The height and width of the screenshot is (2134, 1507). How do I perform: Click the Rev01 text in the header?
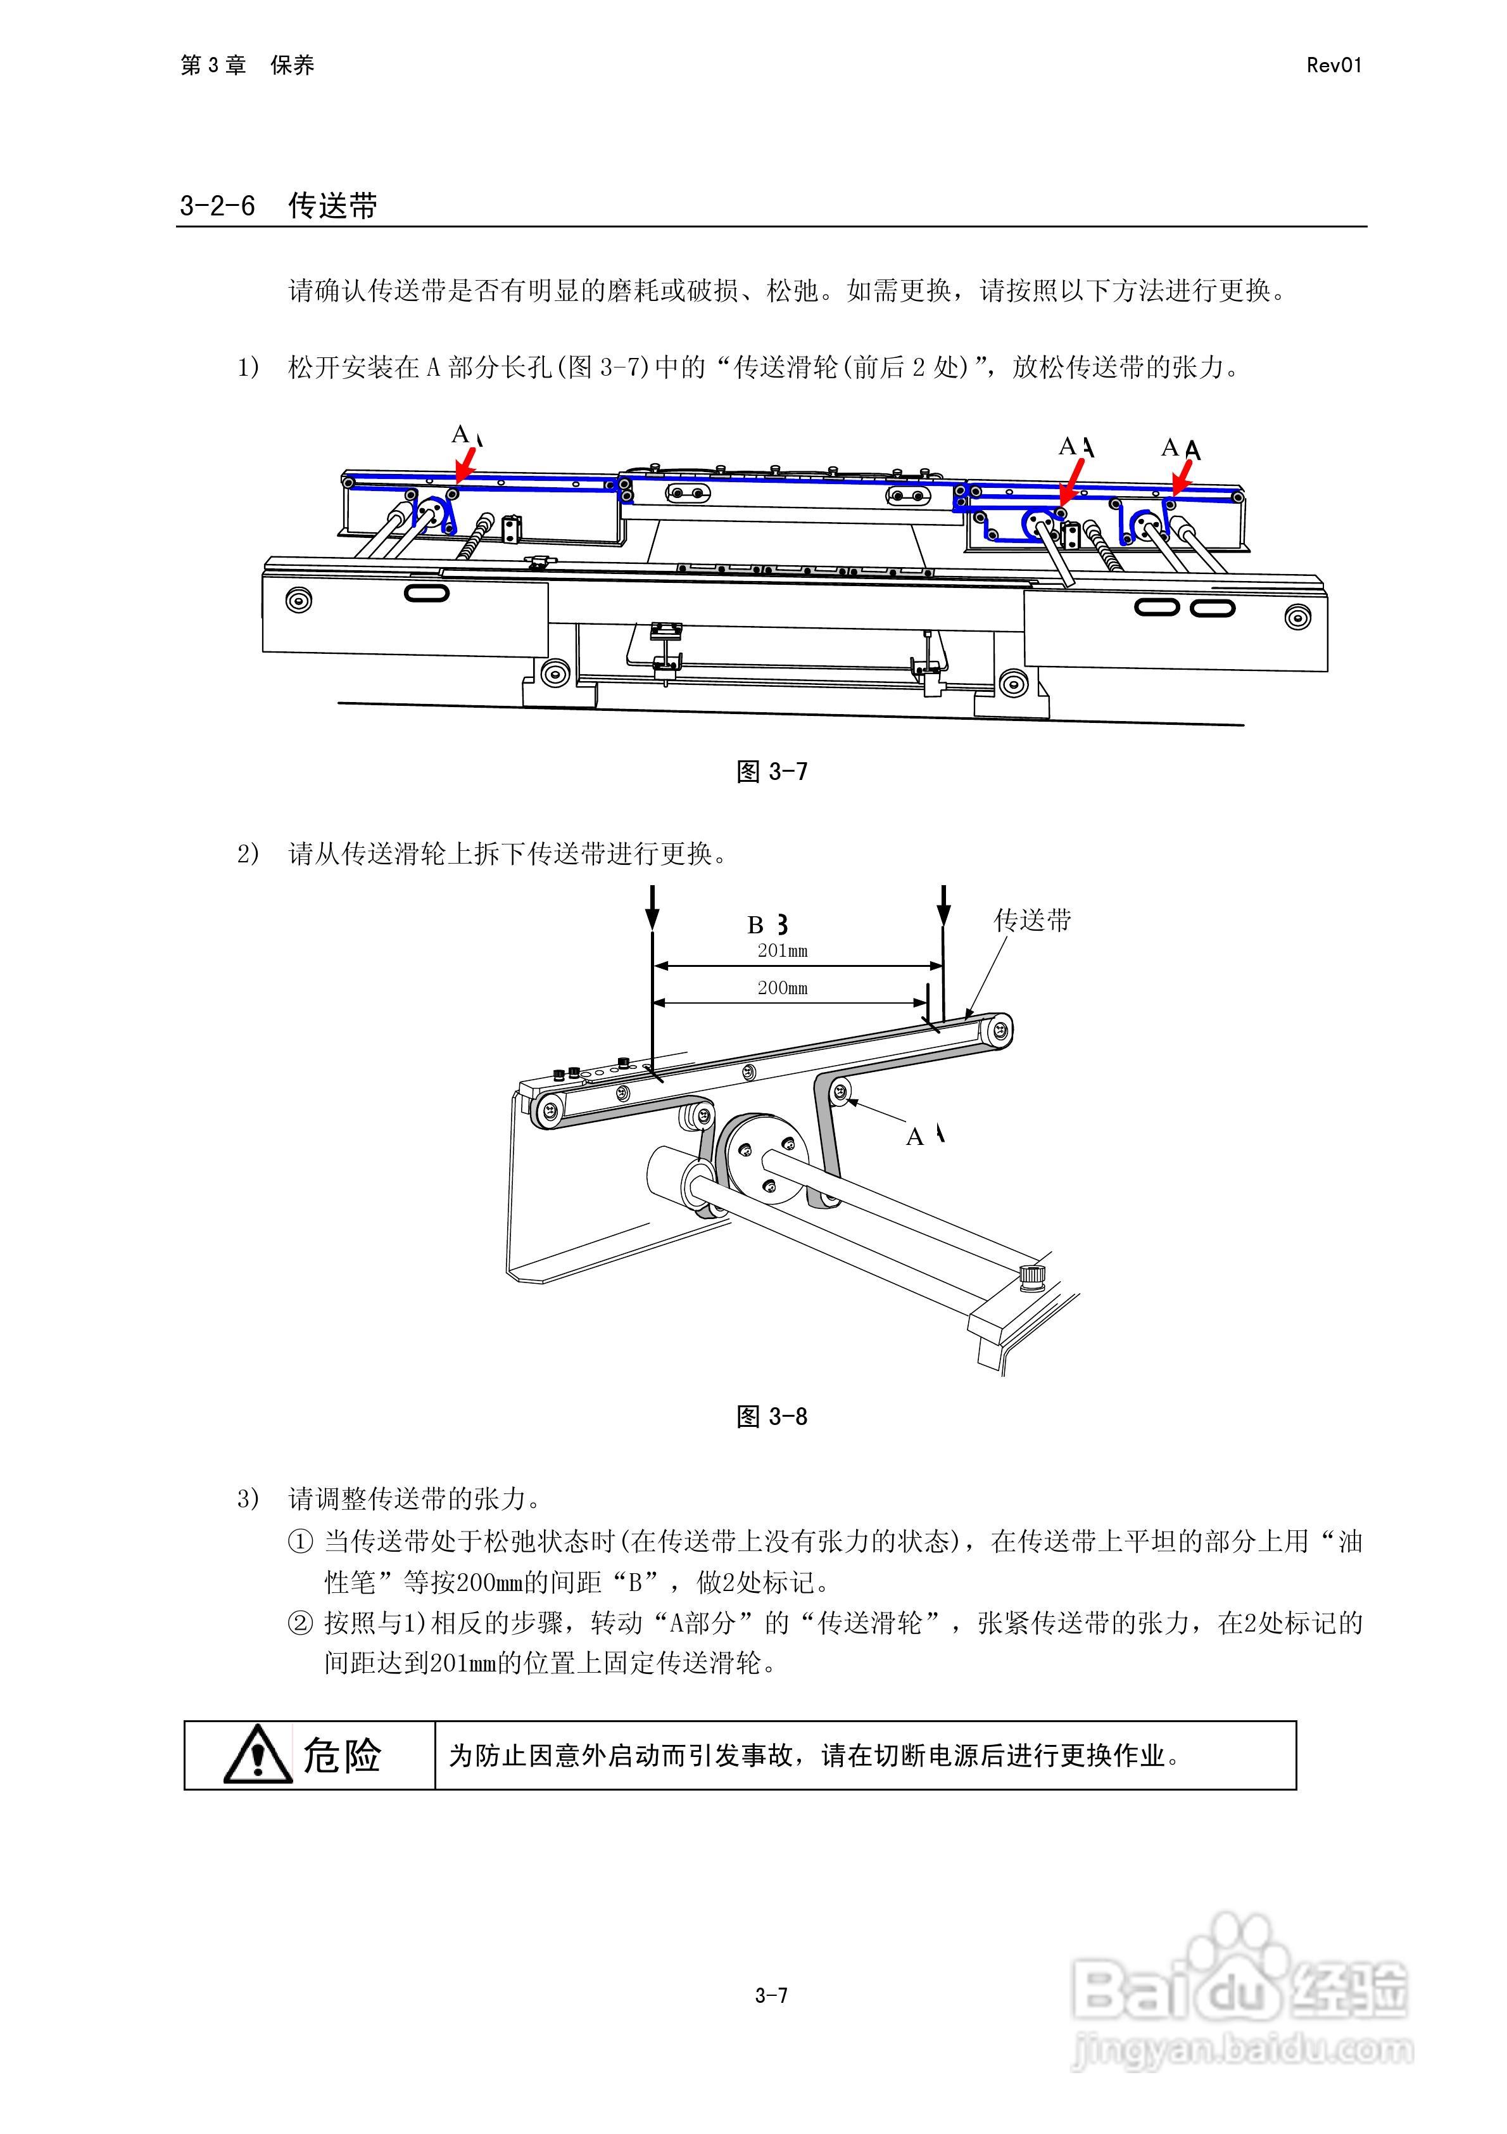(x=1334, y=65)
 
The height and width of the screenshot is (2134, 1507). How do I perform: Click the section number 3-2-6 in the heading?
(x=217, y=205)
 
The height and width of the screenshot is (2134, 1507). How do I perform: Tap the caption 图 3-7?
(x=771, y=772)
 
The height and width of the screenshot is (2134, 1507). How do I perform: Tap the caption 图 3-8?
(x=771, y=1417)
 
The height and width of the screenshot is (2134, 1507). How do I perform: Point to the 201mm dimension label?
(x=782, y=951)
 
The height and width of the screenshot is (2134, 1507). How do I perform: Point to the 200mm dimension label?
(x=782, y=988)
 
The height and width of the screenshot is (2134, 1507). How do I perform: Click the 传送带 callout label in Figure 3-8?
(x=1032, y=920)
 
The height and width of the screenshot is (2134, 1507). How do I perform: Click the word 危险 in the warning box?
(x=342, y=1756)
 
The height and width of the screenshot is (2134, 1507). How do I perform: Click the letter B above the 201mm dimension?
(x=756, y=925)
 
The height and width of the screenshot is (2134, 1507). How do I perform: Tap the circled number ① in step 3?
(x=300, y=1542)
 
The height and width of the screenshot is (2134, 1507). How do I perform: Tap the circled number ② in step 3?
(x=300, y=1624)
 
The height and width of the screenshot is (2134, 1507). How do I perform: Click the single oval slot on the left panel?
(x=427, y=592)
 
